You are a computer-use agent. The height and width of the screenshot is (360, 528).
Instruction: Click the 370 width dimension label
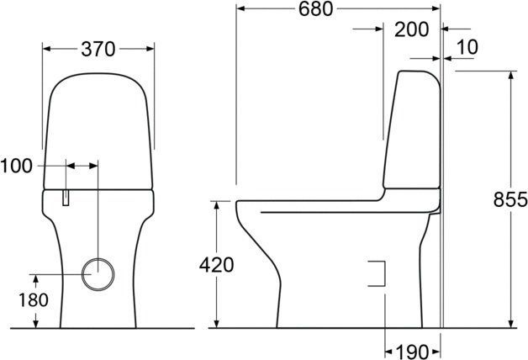(98, 50)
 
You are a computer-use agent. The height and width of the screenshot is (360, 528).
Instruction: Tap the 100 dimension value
(17, 166)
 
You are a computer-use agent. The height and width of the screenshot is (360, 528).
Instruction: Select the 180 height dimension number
(17, 300)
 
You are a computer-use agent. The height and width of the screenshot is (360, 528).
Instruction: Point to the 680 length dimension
(314, 9)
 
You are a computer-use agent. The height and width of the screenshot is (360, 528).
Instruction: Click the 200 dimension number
(412, 29)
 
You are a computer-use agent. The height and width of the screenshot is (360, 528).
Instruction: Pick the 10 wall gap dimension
(468, 48)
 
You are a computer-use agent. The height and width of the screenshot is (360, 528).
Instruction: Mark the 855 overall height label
(510, 199)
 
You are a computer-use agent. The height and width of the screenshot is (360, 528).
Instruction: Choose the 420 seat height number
(216, 265)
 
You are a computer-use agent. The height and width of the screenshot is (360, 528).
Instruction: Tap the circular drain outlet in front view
(98, 273)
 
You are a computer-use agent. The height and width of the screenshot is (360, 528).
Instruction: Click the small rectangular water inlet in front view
(65, 197)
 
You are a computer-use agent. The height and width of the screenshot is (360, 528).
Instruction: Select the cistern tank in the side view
(412, 130)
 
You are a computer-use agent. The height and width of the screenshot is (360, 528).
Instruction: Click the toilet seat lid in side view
(336, 202)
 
